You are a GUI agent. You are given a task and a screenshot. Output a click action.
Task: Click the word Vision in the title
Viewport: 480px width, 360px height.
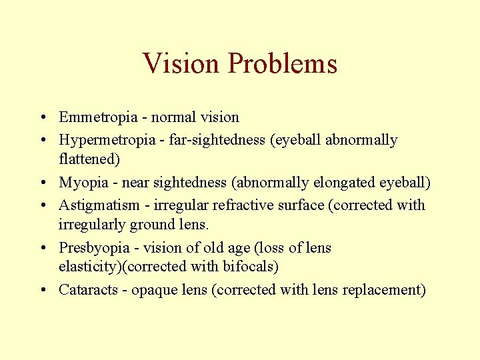click(x=181, y=64)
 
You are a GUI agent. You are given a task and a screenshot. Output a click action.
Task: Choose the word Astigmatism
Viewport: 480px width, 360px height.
click(x=99, y=205)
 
